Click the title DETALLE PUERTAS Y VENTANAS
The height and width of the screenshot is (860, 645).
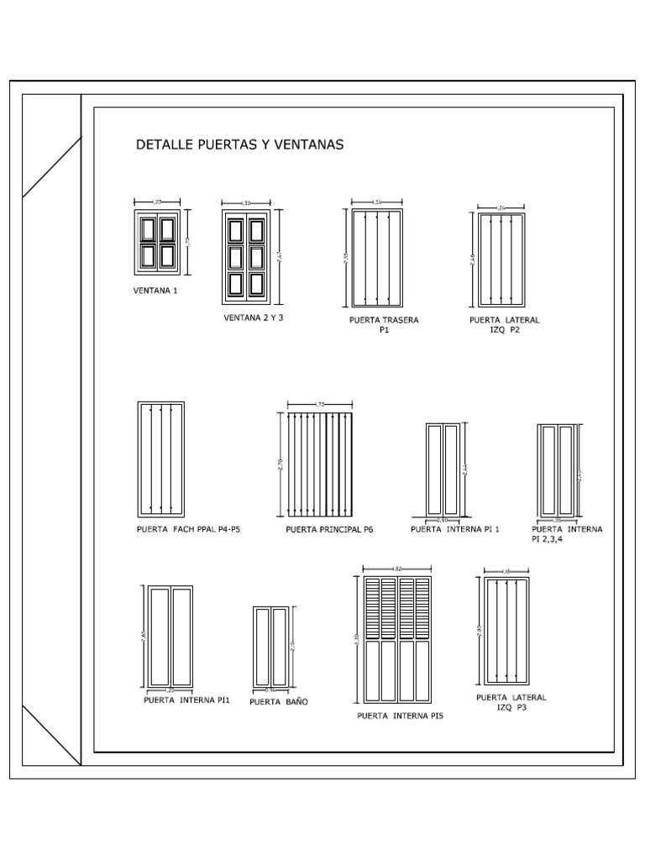239,144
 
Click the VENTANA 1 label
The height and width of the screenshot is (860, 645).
155,291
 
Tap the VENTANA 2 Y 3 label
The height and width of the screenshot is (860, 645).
254,318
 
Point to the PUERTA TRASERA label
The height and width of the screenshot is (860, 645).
384,320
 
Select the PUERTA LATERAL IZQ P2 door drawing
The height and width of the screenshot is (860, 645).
496,260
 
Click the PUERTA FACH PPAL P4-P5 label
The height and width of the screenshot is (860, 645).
188,530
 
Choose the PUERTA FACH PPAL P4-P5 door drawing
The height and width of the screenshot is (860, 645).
160,459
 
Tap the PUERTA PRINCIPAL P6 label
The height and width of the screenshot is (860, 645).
329,530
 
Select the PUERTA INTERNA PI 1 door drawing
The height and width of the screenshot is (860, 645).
443,470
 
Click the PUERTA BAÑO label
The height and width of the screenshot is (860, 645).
278,702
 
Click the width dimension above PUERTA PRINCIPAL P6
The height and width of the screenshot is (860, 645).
320,405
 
